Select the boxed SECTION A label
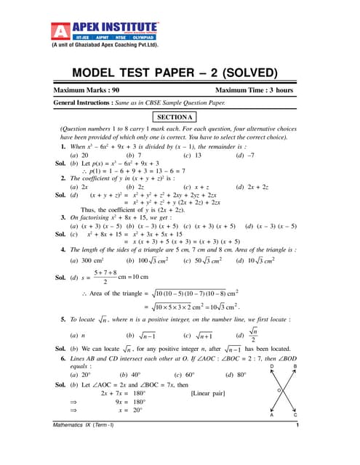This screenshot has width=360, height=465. pos(175,117)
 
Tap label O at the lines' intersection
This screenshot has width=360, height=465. pos(279,390)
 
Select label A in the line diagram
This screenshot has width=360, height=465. pos(272,415)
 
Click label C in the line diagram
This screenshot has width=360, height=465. pos(295,415)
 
